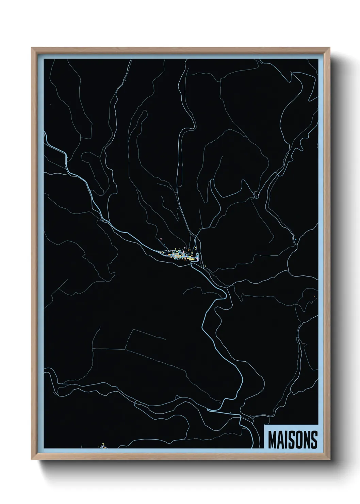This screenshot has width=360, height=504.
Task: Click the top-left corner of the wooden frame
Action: [x=32, y=48]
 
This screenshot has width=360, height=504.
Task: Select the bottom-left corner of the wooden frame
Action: [x=32, y=460]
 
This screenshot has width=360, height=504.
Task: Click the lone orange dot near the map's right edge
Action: [x=314, y=296]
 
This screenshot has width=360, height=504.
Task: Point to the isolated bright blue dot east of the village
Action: [x=296, y=239]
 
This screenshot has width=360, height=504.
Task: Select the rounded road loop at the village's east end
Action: [x=197, y=256]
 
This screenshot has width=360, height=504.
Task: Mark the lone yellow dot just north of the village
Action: [x=199, y=228]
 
